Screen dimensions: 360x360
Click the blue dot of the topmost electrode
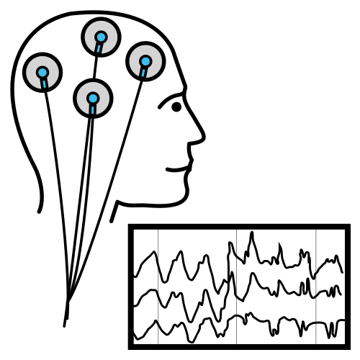(x=101, y=36)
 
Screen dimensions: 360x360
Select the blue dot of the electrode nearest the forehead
(x=145, y=60)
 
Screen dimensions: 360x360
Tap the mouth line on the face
(x=176, y=171)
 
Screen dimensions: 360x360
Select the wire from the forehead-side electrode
(x=115, y=180)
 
